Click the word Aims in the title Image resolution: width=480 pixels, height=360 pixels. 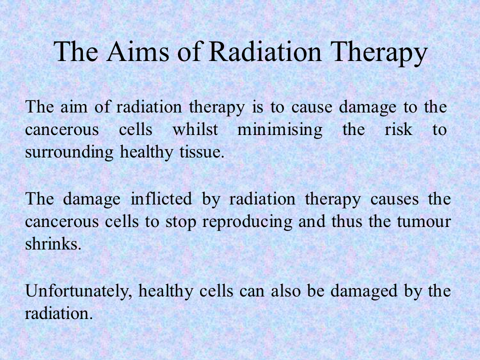tap(138, 51)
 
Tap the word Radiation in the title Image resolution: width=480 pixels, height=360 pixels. tap(265, 51)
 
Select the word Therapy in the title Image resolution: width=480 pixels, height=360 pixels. tap(378, 53)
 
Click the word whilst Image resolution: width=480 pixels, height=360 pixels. tap(195, 129)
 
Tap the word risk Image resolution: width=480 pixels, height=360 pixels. tap(398, 129)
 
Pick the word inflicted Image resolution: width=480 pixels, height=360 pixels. tap(161, 198)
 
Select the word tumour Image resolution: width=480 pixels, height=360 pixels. tap(424, 222)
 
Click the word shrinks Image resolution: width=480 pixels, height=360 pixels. tap(53, 244)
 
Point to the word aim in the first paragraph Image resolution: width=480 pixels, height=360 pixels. tap(74, 107)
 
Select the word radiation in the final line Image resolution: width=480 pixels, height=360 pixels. tap(58, 313)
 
